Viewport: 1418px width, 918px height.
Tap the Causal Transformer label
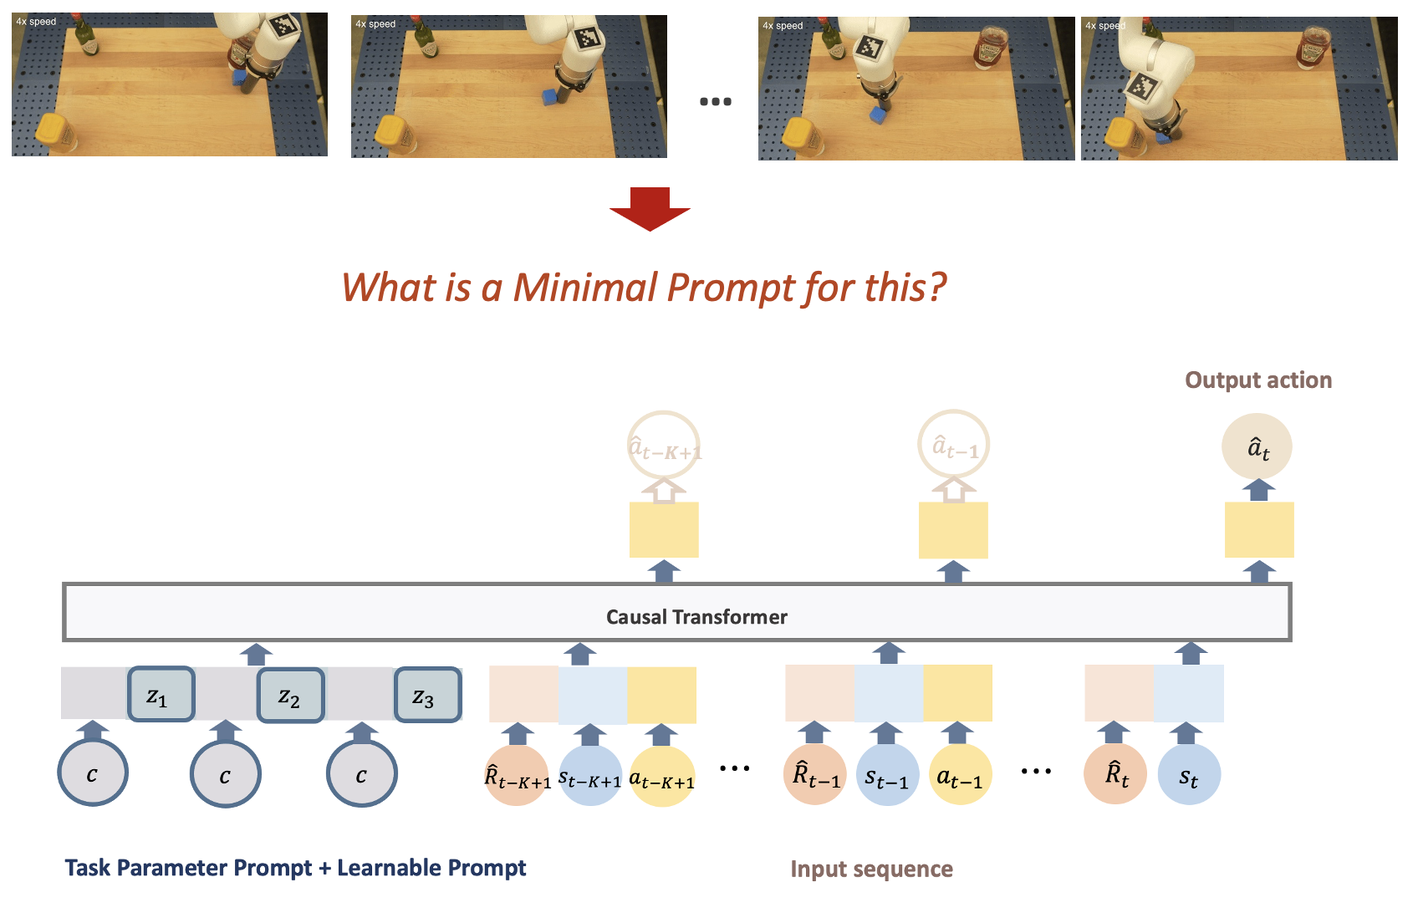click(696, 617)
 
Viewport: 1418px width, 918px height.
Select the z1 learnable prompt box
click(161, 694)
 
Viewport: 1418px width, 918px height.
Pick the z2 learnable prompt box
click(291, 695)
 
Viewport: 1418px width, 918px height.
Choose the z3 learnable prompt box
click(428, 695)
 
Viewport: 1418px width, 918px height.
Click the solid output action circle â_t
click(1257, 446)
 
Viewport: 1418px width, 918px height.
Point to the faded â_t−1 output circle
click(953, 445)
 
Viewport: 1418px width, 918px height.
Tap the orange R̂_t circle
click(1115, 773)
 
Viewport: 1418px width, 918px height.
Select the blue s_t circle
click(1189, 774)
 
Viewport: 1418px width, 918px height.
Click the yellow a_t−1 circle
click(960, 774)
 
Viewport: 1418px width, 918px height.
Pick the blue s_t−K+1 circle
click(590, 775)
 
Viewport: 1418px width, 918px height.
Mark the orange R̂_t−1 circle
click(815, 773)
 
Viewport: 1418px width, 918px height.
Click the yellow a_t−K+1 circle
click(662, 776)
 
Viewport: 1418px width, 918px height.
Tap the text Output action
click(1258, 380)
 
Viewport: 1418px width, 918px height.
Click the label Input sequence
click(872, 870)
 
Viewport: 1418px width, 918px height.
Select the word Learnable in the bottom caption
click(389, 867)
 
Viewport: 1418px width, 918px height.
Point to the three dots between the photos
click(716, 101)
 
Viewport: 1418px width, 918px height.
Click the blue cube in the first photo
click(238, 77)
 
